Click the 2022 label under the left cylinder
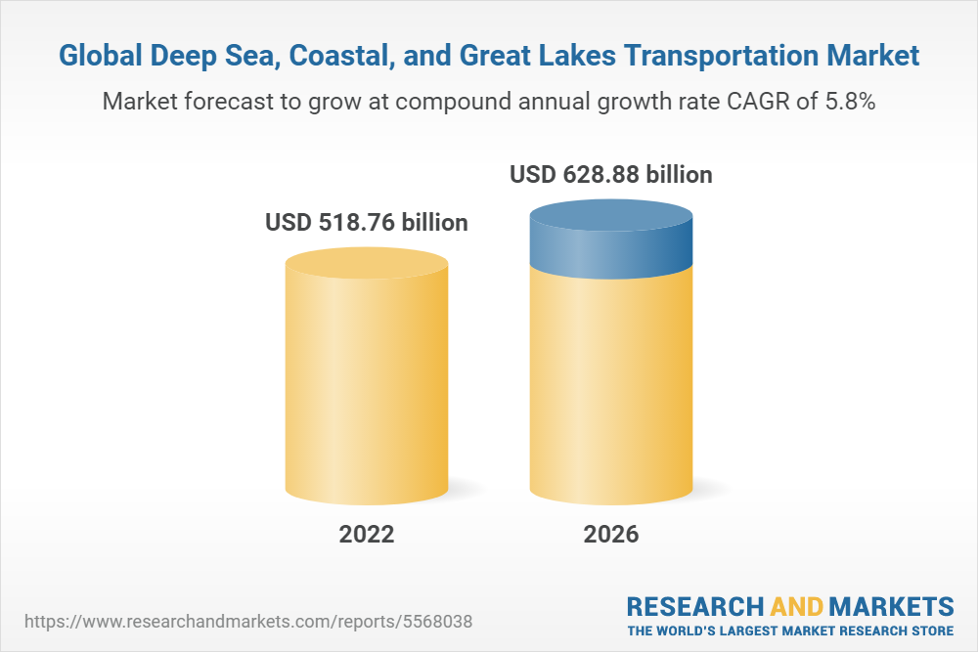367,535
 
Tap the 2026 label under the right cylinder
611,535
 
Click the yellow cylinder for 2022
367,381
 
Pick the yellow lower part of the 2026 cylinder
611,391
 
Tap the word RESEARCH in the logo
690,605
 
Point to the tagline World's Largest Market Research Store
790,630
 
